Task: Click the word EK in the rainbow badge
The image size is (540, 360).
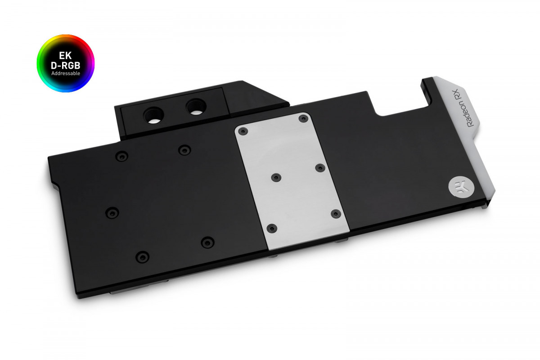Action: [x=65, y=56]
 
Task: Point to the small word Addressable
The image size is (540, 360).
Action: [x=65, y=73]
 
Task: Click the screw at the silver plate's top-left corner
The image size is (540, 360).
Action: [x=243, y=131]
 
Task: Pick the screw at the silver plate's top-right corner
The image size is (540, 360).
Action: [x=302, y=118]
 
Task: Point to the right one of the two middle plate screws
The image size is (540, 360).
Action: [x=319, y=168]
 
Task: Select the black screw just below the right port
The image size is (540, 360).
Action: [x=183, y=149]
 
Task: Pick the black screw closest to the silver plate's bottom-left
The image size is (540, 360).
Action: [x=207, y=243]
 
